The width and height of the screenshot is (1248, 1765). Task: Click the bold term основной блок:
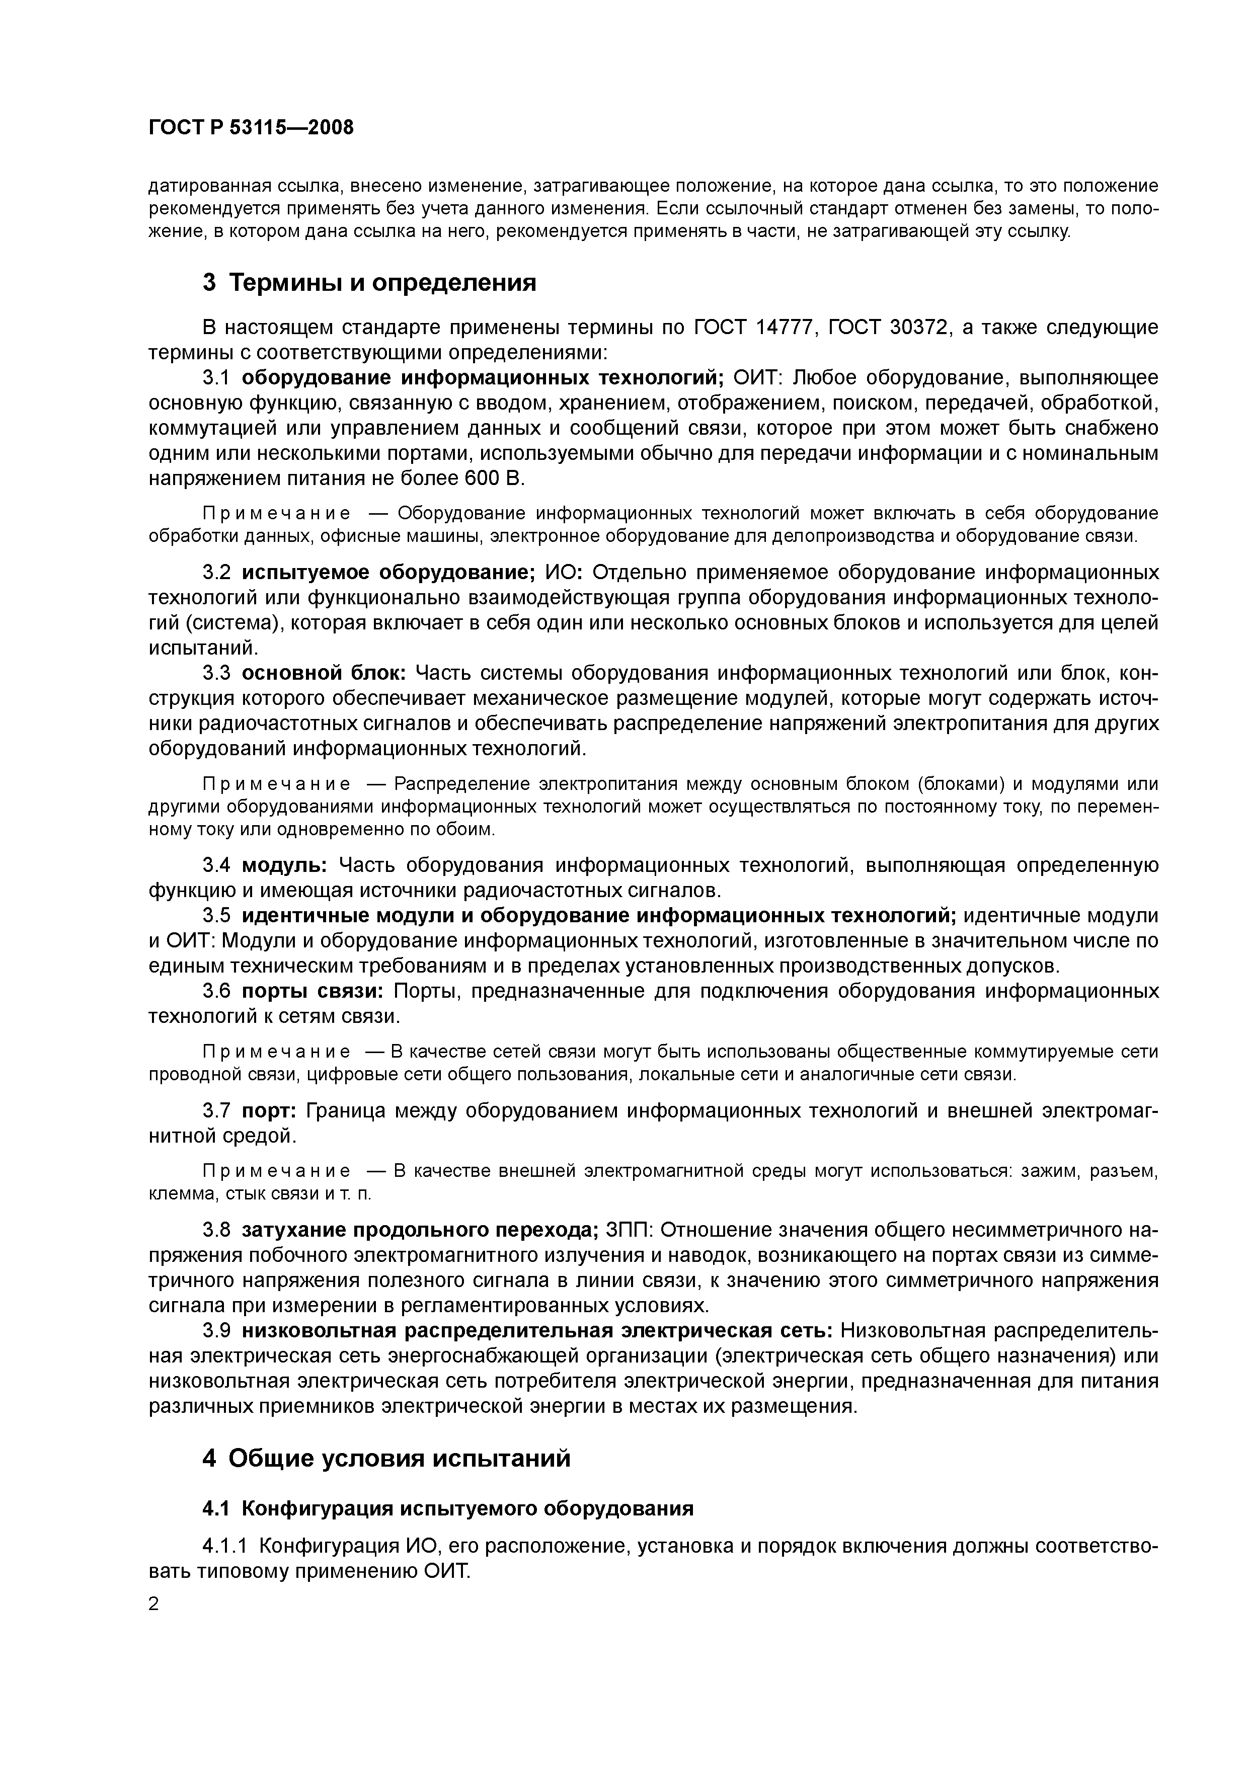pyautogui.click(x=324, y=673)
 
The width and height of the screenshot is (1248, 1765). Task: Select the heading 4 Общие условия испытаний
pyautogui.click(x=387, y=1458)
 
